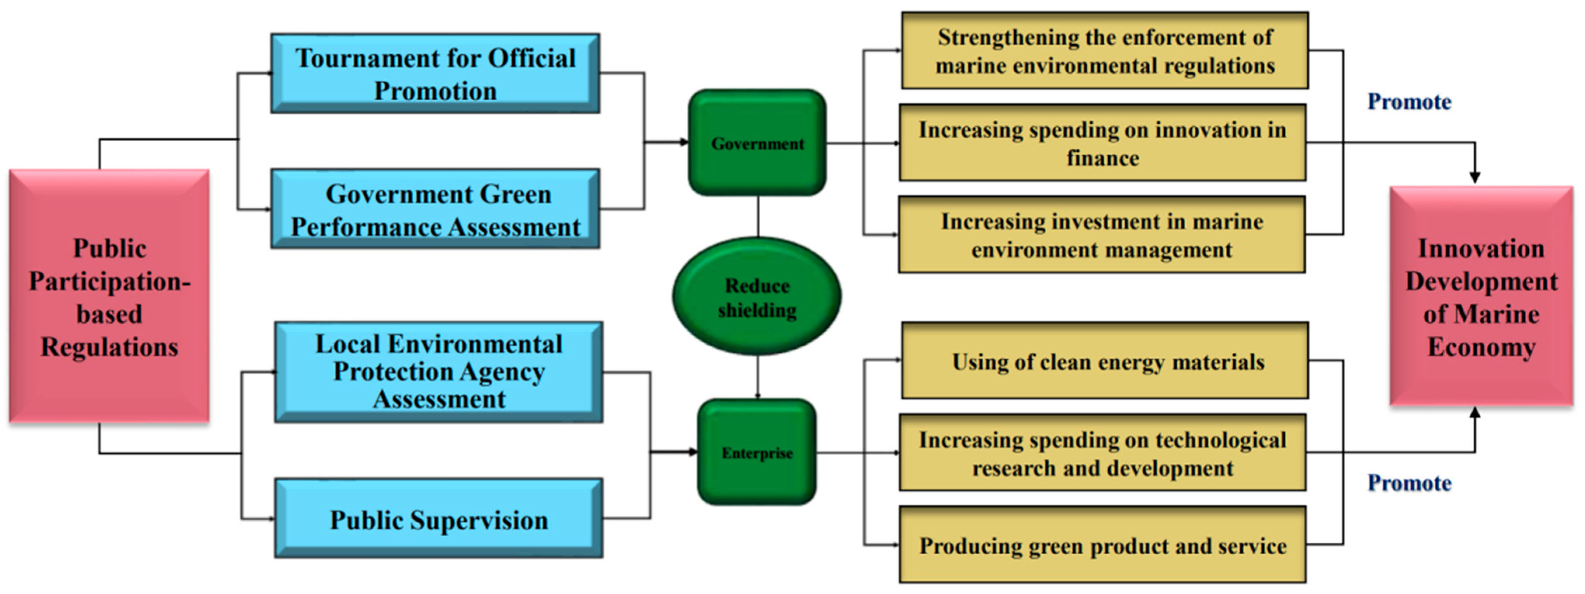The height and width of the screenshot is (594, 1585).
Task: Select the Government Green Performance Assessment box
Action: tap(435, 209)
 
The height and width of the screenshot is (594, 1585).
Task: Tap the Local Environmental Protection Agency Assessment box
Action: tap(438, 371)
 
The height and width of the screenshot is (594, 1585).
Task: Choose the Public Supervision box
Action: tap(438, 519)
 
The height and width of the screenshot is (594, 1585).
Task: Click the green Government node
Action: tap(757, 143)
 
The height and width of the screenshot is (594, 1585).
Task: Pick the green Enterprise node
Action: tap(757, 452)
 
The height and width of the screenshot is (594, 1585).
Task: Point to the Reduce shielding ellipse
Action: tap(757, 297)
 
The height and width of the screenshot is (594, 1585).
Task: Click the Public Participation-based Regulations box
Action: tap(109, 297)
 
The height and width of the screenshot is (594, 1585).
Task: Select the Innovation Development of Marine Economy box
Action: tap(1481, 297)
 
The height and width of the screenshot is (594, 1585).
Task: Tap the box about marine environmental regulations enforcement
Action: tap(1104, 51)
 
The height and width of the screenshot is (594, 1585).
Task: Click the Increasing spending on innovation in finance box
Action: tap(1102, 143)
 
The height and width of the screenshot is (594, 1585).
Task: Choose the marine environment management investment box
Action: tap(1101, 234)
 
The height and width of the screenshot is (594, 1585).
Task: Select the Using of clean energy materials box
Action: tap(1104, 361)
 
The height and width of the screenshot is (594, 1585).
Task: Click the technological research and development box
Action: tap(1102, 452)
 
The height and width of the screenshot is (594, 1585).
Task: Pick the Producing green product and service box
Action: tap(1102, 545)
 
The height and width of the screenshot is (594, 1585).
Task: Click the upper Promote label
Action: tap(1409, 101)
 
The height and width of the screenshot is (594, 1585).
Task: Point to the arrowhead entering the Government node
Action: tap(684, 142)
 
